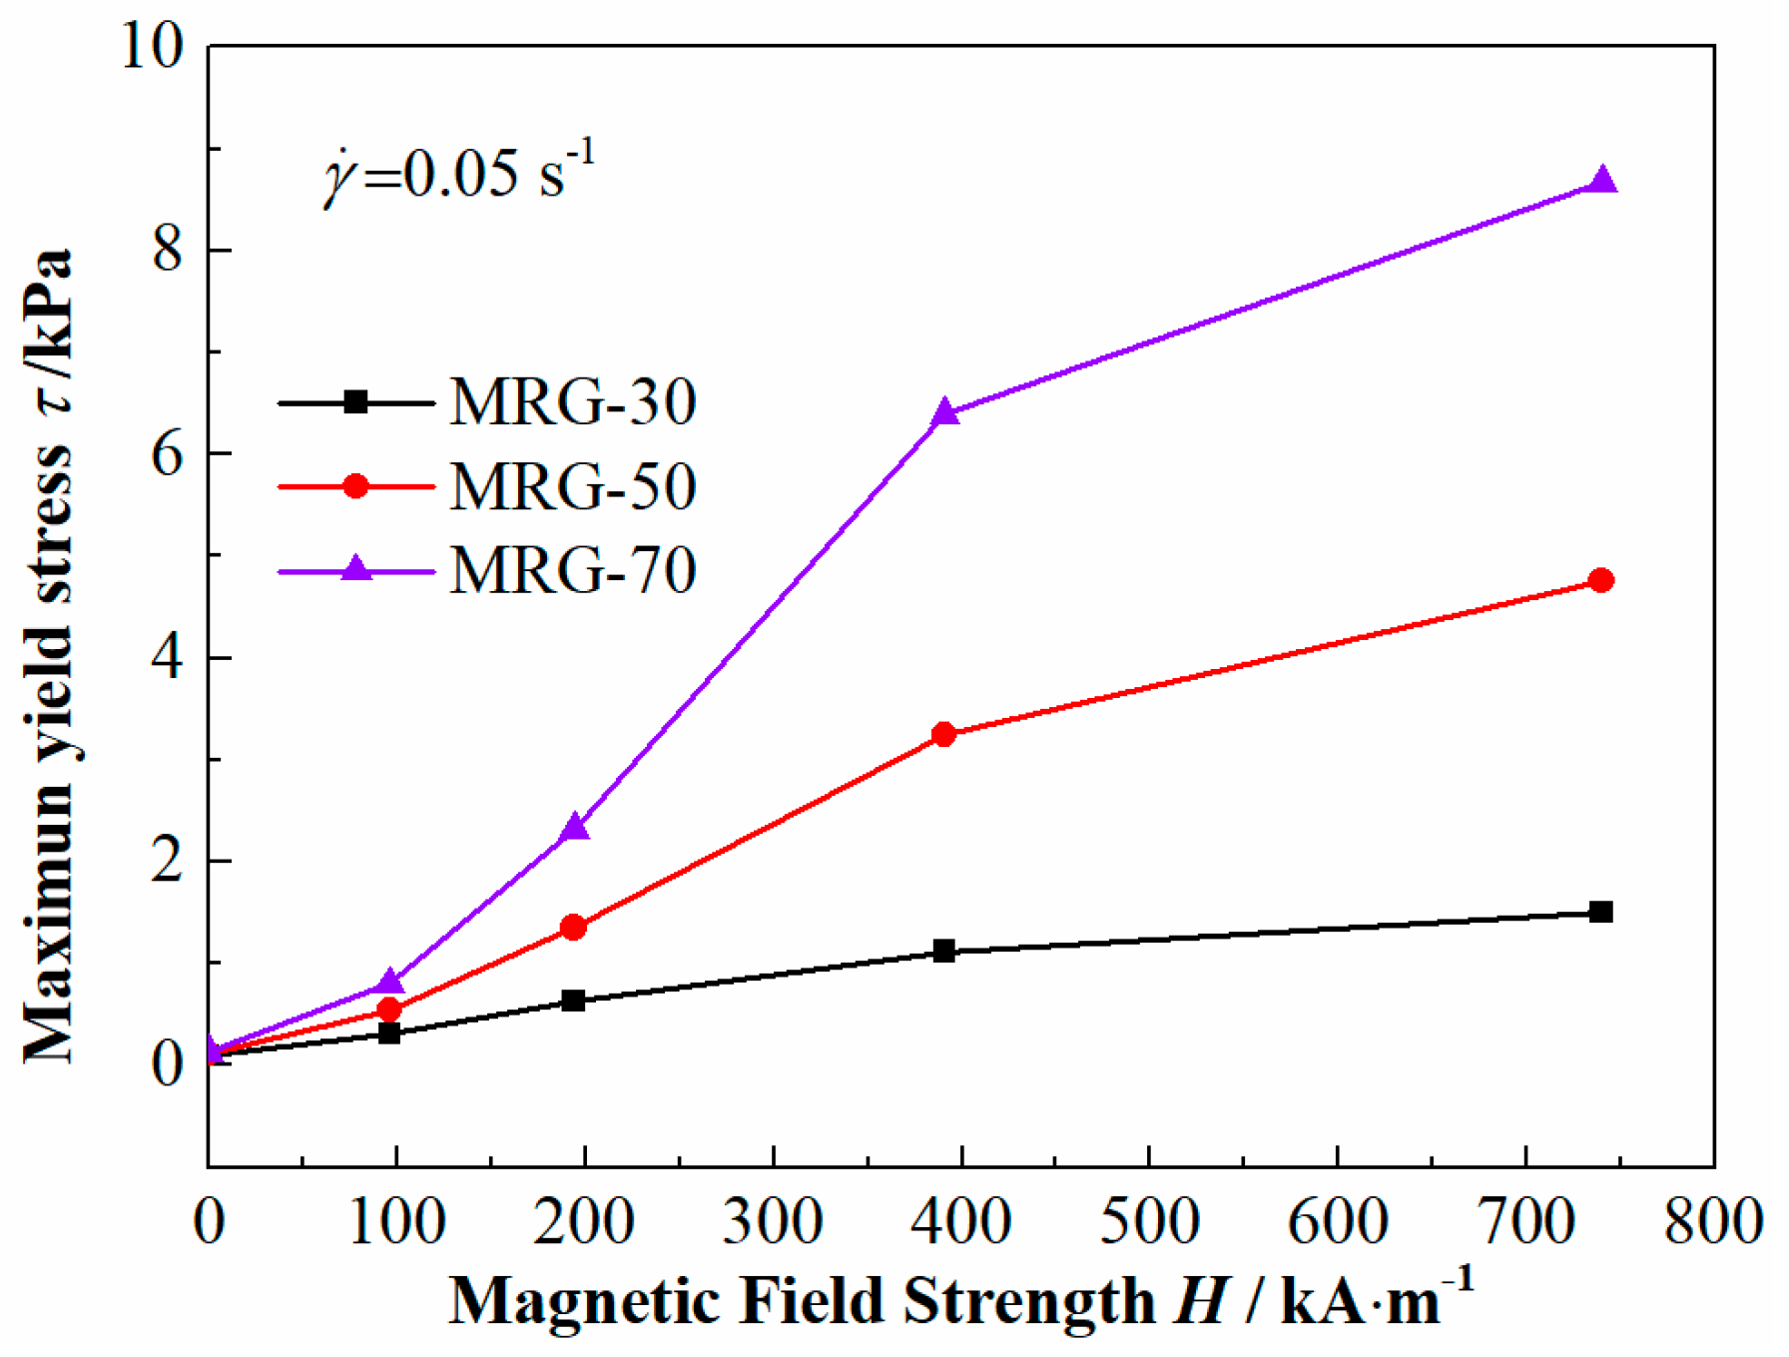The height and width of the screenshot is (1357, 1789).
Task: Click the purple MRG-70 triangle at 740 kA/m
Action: click(1601, 182)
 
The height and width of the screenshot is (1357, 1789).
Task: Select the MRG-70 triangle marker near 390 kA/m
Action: click(944, 413)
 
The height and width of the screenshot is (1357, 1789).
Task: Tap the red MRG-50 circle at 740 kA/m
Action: click(1600, 580)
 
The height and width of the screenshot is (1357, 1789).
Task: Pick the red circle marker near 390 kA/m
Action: click(943, 735)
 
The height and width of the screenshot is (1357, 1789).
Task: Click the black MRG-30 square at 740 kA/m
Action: click(1600, 912)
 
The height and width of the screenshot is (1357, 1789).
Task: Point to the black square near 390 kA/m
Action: click(943, 951)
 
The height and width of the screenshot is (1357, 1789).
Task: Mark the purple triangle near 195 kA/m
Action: click(574, 828)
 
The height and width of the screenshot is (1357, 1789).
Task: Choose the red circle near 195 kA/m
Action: click(573, 928)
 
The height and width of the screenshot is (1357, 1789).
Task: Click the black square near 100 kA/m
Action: click(389, 1032)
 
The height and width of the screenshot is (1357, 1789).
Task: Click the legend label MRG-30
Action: click(572, 403)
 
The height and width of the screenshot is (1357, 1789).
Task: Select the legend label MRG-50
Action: click(572, 487)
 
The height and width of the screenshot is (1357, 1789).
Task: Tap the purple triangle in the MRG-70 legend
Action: click(356, 570)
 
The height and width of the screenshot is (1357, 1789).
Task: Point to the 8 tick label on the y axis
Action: click(168, 250)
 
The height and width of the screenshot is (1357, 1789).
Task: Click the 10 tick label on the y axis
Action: click(152, 46)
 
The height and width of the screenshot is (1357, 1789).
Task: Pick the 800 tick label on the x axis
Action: click(1713, 1220)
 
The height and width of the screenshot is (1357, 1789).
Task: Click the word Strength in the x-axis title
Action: click(1028, 1300)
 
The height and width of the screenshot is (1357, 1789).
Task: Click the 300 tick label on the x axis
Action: click(773, 1220)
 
